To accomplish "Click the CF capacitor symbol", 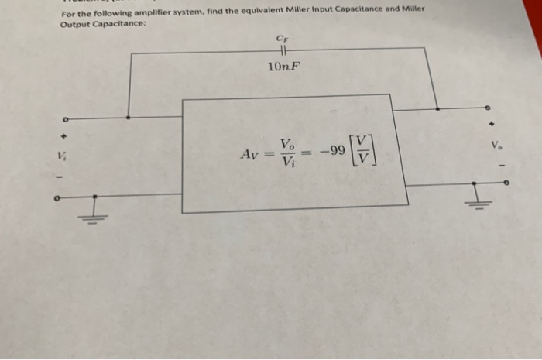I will tap(282, 52).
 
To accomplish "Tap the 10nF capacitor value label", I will tap(283, 67).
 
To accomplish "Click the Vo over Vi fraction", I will tap(287, 153).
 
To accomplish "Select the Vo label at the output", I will tap(494, 144).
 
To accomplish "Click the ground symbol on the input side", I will tap(95, 211).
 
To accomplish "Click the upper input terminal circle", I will tap(67, 120).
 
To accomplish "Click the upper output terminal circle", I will tap(488, 108).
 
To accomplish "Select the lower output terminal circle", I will tap(506, 183).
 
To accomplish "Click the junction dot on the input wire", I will tap(128, 118).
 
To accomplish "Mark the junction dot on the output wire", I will tap(437, 108).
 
